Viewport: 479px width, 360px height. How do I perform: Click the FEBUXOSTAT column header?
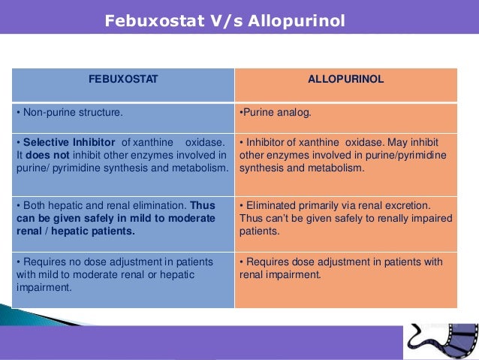click(x=124, y=79)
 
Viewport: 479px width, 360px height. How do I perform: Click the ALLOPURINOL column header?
click(x=346, y=79)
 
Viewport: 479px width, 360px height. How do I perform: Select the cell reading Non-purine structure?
click(x=72, y=113)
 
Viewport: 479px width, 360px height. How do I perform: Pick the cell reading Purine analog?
click(x=275, y=113)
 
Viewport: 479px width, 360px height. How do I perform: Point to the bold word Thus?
click(x=202, y=204)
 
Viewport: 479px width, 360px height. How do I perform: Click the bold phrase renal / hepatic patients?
click(x=76, y=231)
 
